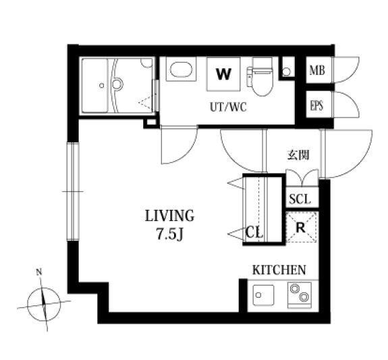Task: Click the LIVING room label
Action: pos(169,215)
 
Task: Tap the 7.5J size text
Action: pos(169,234)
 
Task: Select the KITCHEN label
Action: pos(279,269)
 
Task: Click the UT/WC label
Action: pos(228,107)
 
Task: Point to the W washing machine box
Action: pos(223,74)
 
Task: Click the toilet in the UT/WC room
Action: pos(260,77)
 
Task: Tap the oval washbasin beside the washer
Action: pos(182,69)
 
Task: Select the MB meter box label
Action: pos(317,71)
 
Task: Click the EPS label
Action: pos(317,105)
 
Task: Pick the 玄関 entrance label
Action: pos(298,155)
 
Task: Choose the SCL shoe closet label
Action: pos(300,199)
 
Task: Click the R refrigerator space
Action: pos(301,227)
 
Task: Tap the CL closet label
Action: pos(254,232)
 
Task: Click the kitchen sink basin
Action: pos(263,295)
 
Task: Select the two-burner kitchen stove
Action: pos(300,294)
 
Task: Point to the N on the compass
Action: pos(39,272)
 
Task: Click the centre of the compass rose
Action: pos(44,304)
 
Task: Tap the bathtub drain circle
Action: pos(101,86)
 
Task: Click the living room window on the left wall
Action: pos(73,191)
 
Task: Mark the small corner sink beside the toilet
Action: pos(286,72)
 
